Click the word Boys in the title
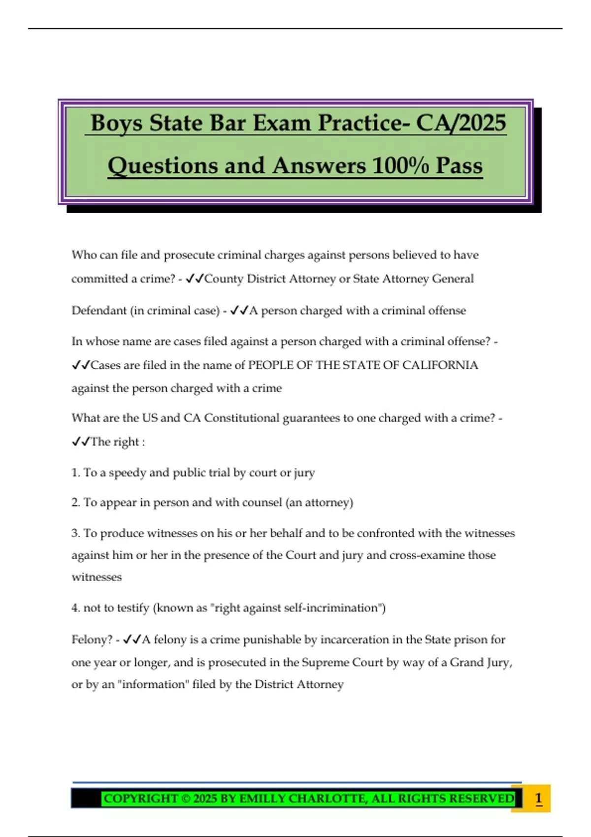tap(117, 123)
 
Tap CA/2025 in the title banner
tap(461, 123)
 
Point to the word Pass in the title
tap(459, 166)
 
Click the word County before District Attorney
tap(224, 279)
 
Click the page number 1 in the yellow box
tap(538, 798)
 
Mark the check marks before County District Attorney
tap(195, 279)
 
